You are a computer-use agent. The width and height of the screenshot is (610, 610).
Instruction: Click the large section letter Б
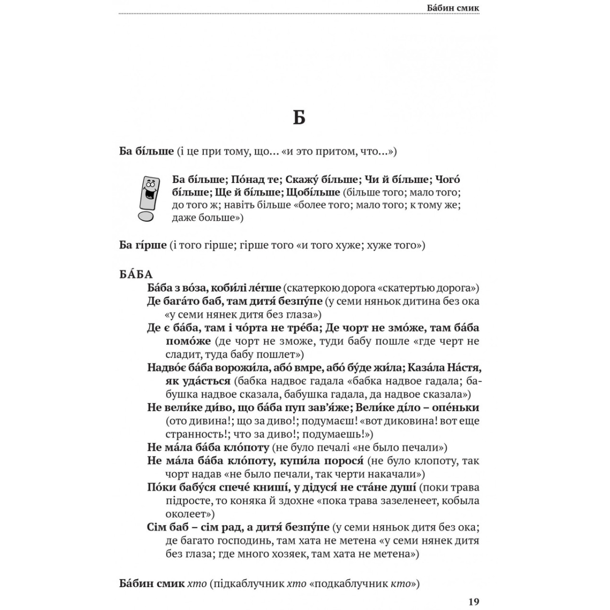pyautogui.click(x=299, y=117)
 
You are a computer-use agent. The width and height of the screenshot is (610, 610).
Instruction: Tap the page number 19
pyautogui.click(x=473, y=602)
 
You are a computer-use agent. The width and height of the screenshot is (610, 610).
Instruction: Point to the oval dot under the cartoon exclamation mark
pyautogui.click(x=145, y=217)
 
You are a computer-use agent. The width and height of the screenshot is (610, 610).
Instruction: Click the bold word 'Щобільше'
pyautogui.click(x=314, y=193)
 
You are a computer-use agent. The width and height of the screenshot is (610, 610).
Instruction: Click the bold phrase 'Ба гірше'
pyautogui.click(x=143, y=246)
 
